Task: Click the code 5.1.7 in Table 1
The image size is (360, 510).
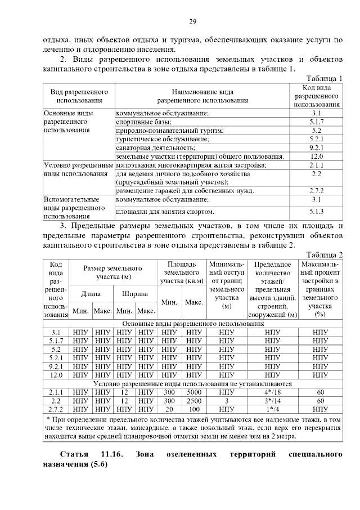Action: [x=316, y=122]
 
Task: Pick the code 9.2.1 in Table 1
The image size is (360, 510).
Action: [x=316, y=147]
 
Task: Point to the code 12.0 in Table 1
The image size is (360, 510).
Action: [x=316, y=156]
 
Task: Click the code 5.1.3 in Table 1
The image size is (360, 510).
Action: [x=316, y=212]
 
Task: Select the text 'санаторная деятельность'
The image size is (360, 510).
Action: [x=150, y=147]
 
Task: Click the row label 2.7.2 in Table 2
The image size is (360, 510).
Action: [x=56, y=410]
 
